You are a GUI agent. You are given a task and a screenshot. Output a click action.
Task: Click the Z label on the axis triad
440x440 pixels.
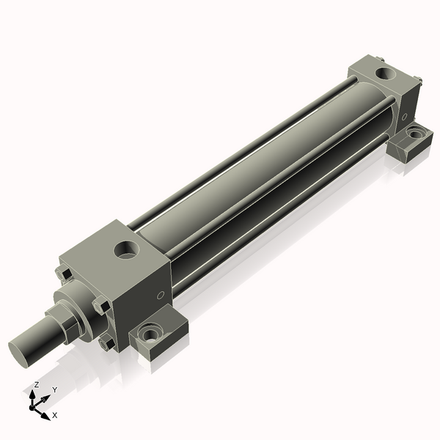pos(37,384)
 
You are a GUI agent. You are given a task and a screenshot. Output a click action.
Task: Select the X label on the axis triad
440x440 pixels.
pos(55,415)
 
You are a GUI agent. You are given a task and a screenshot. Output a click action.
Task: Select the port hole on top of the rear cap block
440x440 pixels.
pos(385,73)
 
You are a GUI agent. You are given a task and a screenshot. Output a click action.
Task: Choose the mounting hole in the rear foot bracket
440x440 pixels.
pos(416,134)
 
